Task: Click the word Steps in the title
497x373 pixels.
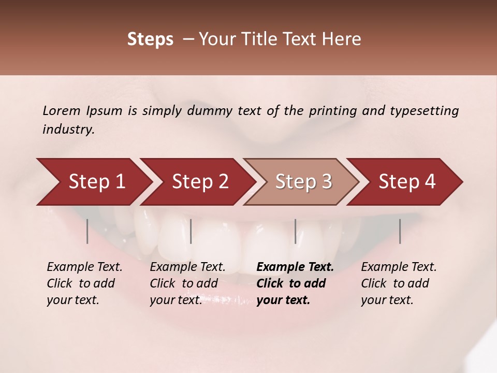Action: [150, 39]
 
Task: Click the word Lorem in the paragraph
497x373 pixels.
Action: [61, 110]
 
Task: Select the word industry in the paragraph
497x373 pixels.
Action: [68, 130]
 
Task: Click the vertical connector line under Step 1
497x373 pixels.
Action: [87, 231]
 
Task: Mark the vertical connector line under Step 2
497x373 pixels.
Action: [191, 231]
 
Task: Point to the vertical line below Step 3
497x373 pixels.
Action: [296, 231]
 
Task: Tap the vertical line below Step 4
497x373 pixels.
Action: [400, 231]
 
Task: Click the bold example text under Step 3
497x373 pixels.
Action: [295, 283]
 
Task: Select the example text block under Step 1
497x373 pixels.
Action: [84, 283]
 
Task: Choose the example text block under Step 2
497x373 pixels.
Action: [187, 283]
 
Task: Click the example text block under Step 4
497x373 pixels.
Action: [399, 283]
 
